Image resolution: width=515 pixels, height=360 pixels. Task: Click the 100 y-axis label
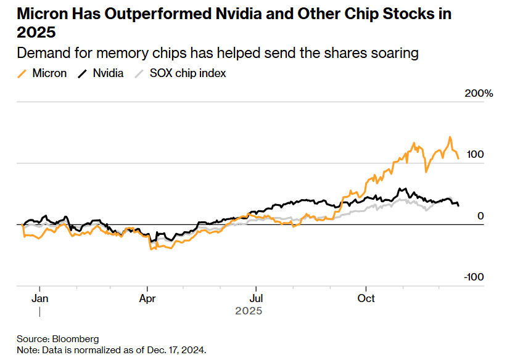coord(475,154)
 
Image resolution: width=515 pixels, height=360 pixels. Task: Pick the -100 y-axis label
coord(475,277)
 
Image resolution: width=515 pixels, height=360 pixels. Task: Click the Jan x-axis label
coord(39,298)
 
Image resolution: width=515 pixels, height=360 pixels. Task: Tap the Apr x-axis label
coord(147,298)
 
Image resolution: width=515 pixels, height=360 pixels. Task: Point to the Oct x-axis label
coord(366,298)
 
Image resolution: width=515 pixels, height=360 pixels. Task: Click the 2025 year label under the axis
coord(249,311)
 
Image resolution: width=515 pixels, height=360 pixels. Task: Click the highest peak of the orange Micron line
coord(450,137)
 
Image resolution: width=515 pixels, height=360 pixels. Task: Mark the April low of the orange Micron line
coord(150,249)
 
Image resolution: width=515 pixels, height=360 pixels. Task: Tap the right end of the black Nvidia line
coord(458,205)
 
